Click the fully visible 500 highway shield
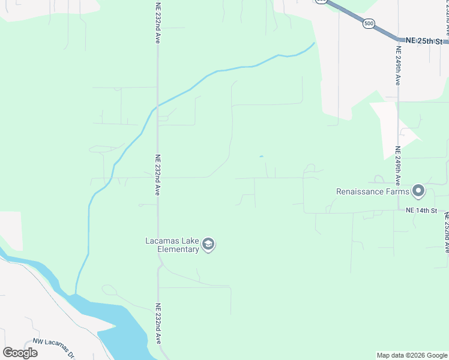point(369,23)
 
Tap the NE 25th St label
point(424,41)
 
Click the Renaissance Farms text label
point(372,192)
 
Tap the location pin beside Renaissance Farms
point(419,191)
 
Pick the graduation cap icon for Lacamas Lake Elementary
point(208,244)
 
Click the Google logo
point(20,353)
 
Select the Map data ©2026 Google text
point(411,355)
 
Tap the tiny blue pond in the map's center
point(261,157)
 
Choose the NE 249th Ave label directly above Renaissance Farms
point(397,164)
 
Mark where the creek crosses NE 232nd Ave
point(157,107)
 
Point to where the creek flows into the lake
point(76,293)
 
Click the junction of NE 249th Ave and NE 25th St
point(398,41)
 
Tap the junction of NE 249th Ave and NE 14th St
point(398,211)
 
